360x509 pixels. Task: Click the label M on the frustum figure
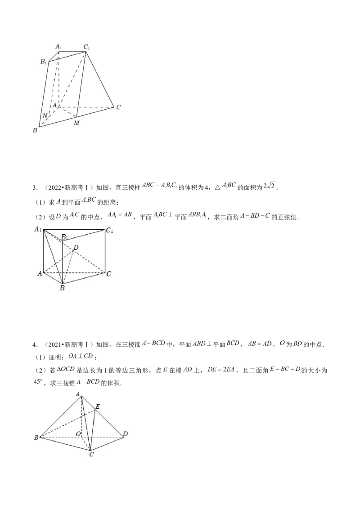tap(76, 124)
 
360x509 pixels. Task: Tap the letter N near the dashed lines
tap(45, 116)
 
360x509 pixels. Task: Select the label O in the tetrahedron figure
tap(78, 433)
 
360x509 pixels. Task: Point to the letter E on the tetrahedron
tap(98, 407)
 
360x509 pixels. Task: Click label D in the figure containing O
tap(125, 433)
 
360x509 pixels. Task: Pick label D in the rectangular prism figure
tap(76, 247)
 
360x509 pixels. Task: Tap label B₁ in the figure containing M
tap(44, 62)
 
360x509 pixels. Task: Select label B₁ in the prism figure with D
tap(65, 237)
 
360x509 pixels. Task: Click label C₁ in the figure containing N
tap(87, 46)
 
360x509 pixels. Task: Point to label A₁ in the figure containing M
tap(58, 46)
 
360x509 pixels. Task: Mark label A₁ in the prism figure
tap(38, 230)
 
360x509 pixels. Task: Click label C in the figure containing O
tap(91, 454)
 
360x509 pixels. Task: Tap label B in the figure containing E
tap(36, 437)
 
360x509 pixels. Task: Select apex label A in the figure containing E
tap(78, 394)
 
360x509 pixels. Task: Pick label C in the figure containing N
tap(118, 107)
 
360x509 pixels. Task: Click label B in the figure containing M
tap(35, 130)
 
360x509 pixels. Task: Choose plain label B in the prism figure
tap(62, 288)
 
